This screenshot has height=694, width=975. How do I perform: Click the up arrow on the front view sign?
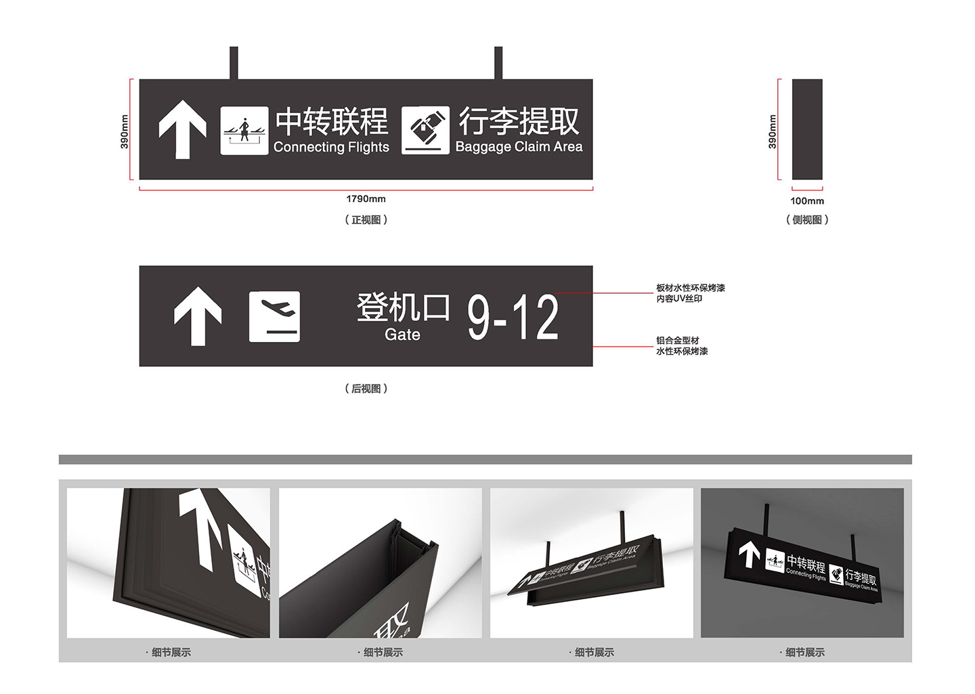click(x=182, y=130)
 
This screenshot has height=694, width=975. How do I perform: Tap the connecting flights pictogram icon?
click(x=244, y=130)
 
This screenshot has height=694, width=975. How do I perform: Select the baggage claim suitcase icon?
click(x=425, y=130)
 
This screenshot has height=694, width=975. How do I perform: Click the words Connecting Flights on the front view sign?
click(x=331, y=147)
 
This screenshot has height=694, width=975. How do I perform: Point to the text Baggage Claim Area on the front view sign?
click(x=519, y=146)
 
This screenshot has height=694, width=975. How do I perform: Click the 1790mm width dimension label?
click(x=366, y=199)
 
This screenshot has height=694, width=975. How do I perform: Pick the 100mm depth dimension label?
click(x=807, y=201)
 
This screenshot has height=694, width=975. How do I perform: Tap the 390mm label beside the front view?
click(x=125, y=131)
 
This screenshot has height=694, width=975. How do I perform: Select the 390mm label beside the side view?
click(x=772, y=131)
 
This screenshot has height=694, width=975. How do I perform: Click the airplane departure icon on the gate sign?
click(x=274, y=316)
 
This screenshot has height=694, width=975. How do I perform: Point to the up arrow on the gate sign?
click(x=198, y=316)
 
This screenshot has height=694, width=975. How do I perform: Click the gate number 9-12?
click(x=513, y=317)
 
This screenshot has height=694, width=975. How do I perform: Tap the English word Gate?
click(x=402, y=334)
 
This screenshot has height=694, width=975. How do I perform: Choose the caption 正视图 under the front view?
click(x=366, y=219)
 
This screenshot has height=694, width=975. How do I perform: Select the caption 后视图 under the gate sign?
click(x=366, y=389)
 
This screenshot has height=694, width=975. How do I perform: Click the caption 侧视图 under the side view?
click(x=807, y=219)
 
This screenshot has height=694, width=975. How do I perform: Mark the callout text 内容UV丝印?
click(x=679, y=299)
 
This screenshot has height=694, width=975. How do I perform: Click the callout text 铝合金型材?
click(x=678, y=341)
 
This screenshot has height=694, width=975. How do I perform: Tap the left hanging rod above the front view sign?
click(x=234, y=63)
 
